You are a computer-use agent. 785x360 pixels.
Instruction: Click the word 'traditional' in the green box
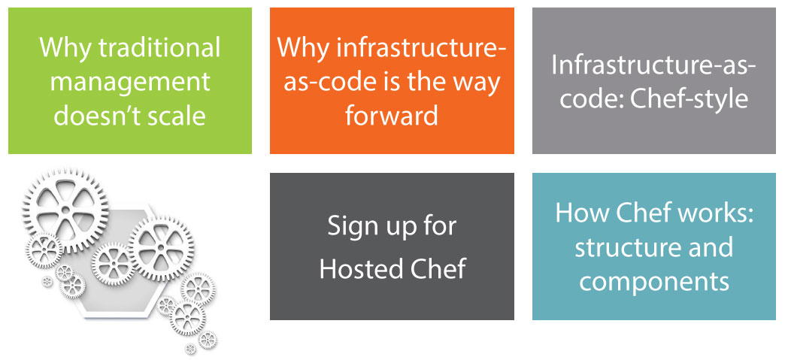159,48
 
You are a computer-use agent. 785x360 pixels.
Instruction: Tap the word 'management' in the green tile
130,83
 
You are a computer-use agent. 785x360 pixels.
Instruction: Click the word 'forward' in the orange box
392,115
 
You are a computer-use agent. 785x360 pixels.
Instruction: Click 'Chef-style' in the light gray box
691,99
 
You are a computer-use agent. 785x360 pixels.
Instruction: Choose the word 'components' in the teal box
654,283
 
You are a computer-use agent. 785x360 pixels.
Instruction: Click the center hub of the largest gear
65,209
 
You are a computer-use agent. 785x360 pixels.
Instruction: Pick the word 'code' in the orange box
335,83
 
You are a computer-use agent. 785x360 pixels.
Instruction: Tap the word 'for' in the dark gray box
440,227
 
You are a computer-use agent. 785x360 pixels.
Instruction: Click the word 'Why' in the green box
65,48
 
